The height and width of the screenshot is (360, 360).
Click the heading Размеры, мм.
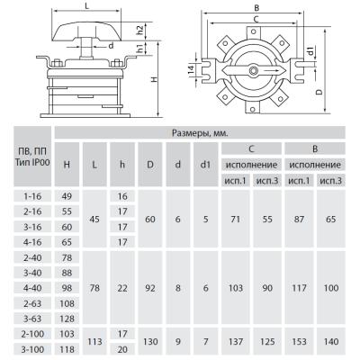[x=200, y=133]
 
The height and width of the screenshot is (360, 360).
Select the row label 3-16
[x=32, y=227]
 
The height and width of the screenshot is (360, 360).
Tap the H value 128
[x=67, y=319]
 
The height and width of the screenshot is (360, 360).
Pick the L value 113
[x=94, y=341]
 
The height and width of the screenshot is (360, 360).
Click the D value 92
[x=150, y=288]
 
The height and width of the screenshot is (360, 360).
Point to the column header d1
[x=205, y=164]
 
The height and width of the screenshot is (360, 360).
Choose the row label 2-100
[x=32, y=334]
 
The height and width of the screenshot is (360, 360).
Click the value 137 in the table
[x=236, y=341]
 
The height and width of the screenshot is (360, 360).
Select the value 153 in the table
[x=299, y=341]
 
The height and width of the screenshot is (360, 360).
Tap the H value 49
[x=67, y=196]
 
